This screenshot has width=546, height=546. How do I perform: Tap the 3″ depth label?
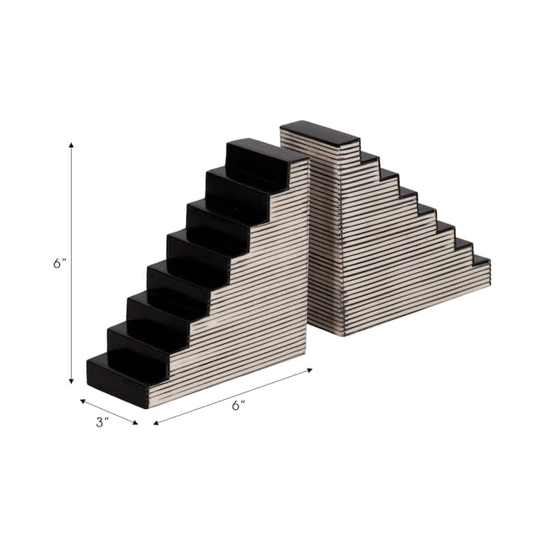(x=102, y=422)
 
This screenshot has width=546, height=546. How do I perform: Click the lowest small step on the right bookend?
(x=481, y=260)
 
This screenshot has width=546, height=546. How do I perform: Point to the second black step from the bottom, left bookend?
(x=136, y=341)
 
